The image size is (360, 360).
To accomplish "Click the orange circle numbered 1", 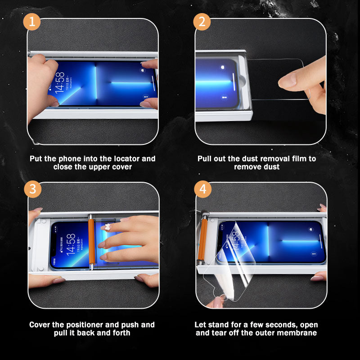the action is (31, 22).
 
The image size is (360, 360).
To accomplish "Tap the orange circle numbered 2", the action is (202, 22).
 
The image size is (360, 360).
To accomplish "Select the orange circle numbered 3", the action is (32, 189).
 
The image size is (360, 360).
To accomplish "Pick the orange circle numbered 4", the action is (203, 189).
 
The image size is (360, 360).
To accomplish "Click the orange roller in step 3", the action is (91, 242).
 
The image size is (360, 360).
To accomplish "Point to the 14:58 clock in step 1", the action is (60, 82).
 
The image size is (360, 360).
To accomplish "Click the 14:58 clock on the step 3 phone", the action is (71, 244).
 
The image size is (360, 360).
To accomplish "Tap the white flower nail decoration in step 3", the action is (108, 227).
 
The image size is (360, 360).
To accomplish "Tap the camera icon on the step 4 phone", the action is (310, 229).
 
